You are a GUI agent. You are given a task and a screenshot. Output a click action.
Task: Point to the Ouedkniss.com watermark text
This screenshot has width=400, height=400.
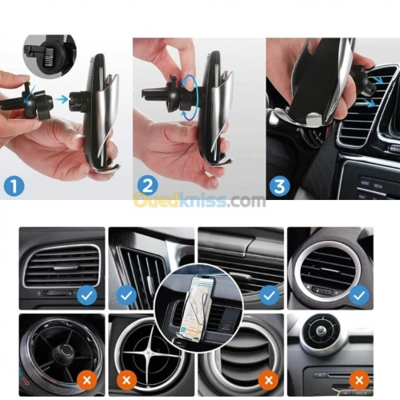(200, 200)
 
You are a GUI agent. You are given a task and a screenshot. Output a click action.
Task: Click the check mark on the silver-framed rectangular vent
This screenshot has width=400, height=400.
(88, 295)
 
